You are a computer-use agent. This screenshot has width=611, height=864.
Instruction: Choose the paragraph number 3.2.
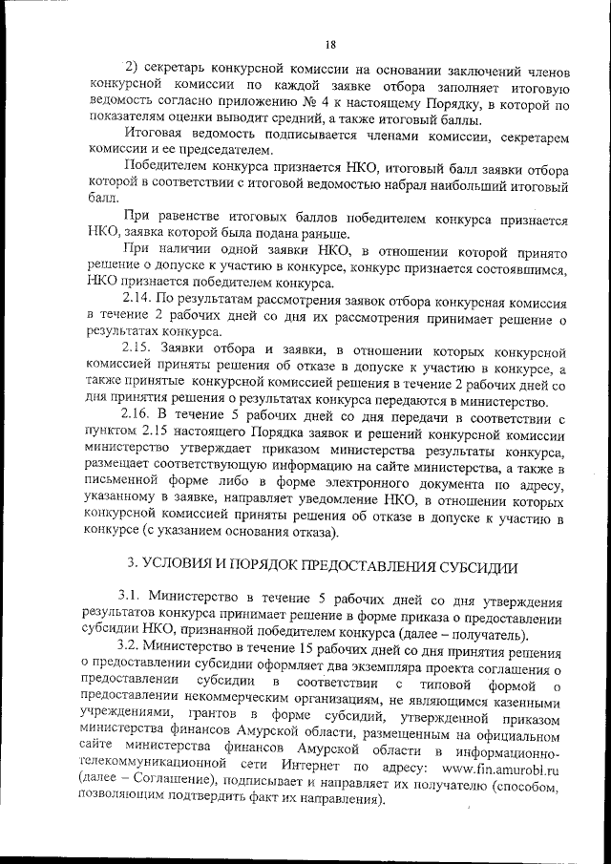(133, 648)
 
